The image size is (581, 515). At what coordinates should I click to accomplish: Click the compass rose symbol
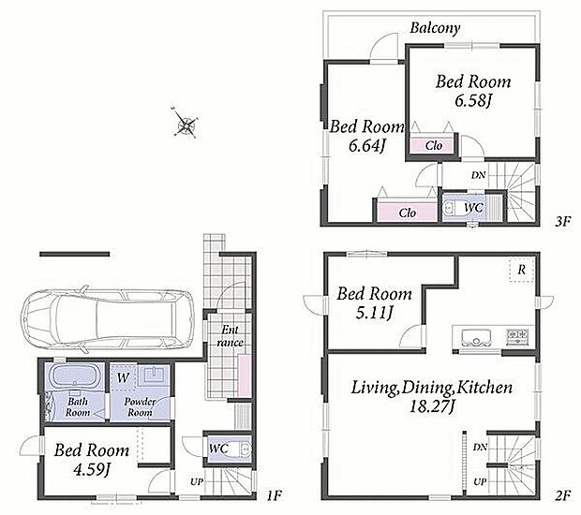tap(185, 124)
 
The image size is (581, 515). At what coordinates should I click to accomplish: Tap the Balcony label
tap(435, 28)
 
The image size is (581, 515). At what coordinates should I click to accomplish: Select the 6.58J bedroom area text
tap(473, 100)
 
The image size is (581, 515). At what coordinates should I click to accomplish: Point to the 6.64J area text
tap(366, 146)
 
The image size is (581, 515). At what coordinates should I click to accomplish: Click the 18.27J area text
tap(432, 407)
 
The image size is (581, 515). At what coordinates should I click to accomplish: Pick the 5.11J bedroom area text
tap(374, 314)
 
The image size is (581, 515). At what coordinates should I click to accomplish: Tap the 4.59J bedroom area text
tap(92, 470)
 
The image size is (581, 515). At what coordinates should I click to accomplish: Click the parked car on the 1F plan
tap(108, 318)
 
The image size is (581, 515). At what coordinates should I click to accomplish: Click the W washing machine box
tap(124, 378)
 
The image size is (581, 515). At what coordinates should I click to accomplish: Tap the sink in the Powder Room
tap(154, 375)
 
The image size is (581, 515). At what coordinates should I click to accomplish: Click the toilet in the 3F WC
tap(449, 208)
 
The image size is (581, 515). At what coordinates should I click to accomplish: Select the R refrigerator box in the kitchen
tap(521, 270)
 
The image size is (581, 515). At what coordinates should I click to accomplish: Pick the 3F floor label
tap(562, 221)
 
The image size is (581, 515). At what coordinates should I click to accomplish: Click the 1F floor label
tap(275, 495)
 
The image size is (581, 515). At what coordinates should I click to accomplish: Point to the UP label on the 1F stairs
tap(197, 482)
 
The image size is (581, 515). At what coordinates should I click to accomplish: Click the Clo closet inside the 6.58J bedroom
tap(433, 145)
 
